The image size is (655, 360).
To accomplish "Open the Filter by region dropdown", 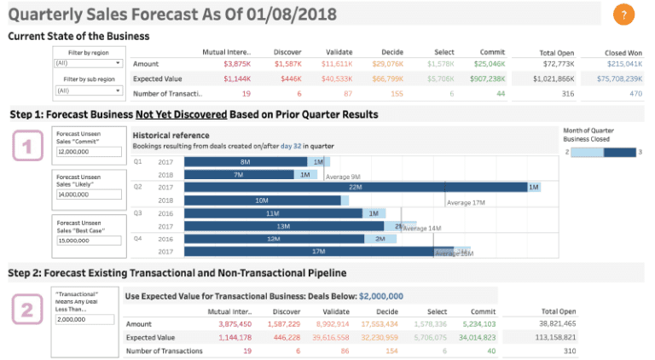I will pos(90,63).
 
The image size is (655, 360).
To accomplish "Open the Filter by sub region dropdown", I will pos(90,90).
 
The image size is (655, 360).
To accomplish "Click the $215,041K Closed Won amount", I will pos(623,64).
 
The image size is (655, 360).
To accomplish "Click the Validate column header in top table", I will pos(339,51).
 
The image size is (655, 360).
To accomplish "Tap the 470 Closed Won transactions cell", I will pos(635,94).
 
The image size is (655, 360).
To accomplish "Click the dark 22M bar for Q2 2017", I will pos(355,187).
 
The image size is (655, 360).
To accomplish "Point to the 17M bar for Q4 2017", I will pos(307,252).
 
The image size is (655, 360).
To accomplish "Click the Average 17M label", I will pos(466,202).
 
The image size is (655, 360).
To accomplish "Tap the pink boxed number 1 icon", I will pos(26,147).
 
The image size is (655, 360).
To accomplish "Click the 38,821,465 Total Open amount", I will pos(559,324).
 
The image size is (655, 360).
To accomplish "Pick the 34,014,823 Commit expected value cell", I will pos(482,338).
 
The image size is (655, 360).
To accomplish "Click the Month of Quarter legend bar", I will pos(604,151).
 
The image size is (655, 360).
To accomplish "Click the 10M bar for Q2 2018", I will pos(262,200).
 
